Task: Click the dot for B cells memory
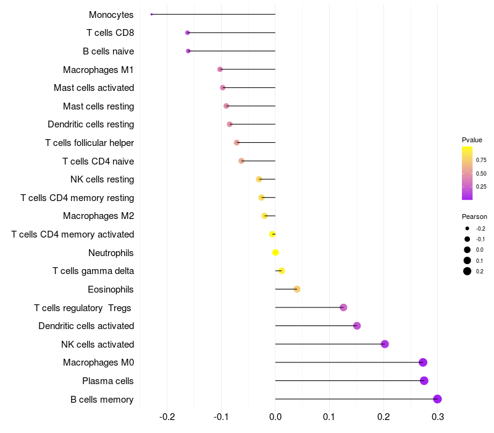click(x=437, y=399)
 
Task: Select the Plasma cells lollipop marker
click(x=424, y=380)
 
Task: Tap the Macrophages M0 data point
click(x=423, y=362)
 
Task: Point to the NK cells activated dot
click(x=385, y=344)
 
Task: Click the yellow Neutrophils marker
click(x=275, y=252)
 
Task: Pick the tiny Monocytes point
click(x=151, y=14)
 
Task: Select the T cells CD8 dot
click(x=188, y=33)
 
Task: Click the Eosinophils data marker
click(x=296, y=289)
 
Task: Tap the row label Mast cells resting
click(x=99, y=106)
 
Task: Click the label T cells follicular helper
click(x=90, y=143)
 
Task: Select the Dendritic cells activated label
click(x=86, y=326)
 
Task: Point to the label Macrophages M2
click(x=99, y=216)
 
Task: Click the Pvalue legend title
click(x=472, y=140)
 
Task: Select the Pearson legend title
click(x=474, y=216)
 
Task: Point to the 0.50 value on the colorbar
click(x=481, y=173)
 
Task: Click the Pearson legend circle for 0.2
click(x=467, y=271)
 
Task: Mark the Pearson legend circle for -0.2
click(x=467, y=228)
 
